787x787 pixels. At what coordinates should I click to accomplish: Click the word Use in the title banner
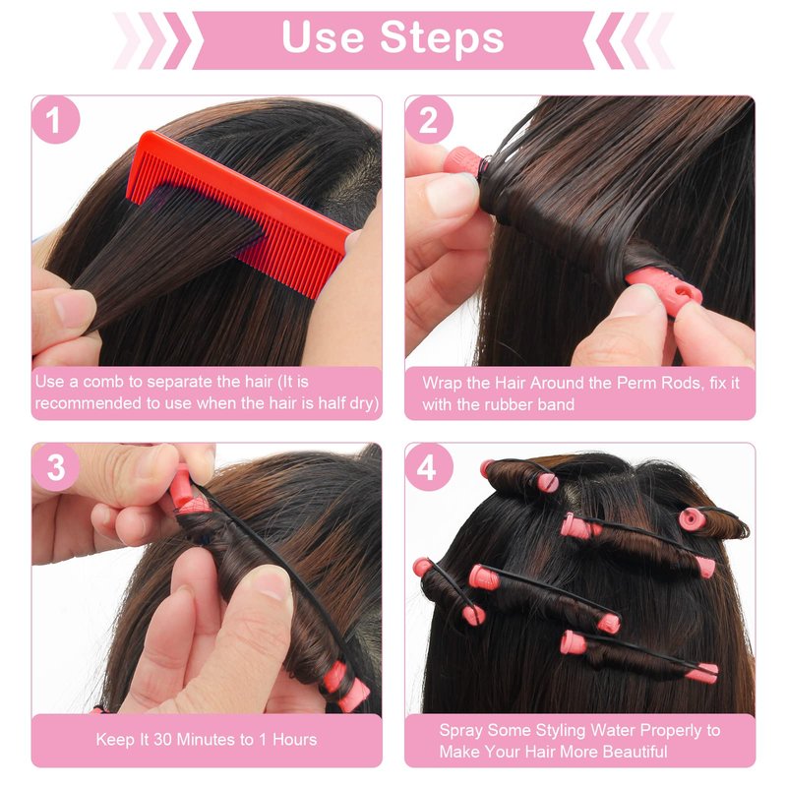coord(323,36)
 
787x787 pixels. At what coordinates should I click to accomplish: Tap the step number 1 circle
coord(55,120)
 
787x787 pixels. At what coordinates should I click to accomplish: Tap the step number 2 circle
coord(429,120)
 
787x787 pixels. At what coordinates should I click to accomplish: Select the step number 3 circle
coord(55,467)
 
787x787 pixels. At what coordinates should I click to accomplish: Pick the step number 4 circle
coord(429,467)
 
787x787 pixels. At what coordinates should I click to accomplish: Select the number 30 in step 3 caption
coord(163,740)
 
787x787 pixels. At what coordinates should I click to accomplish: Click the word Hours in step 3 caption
coord(294,740)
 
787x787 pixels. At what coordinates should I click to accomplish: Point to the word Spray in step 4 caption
coord(460,731)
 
